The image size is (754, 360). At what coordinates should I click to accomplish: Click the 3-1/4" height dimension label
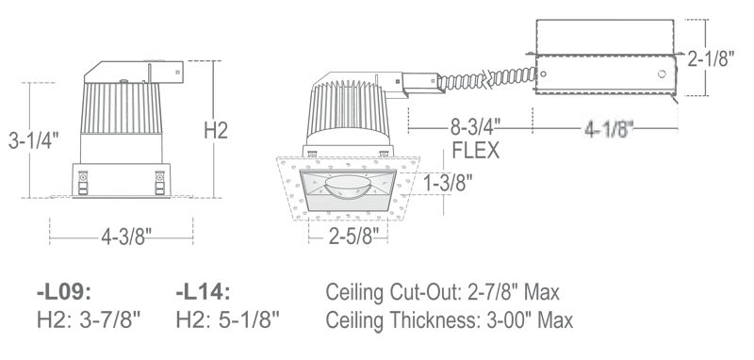coord(33,140)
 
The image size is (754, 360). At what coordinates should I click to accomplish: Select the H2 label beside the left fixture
coord(216,130)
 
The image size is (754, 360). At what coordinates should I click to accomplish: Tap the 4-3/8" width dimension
coord(126,237)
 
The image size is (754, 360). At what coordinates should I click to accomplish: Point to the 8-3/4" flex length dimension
coord(475,128)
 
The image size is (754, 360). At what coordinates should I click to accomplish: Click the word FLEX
coord(476,151)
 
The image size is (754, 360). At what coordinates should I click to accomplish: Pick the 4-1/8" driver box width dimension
coord(609,129)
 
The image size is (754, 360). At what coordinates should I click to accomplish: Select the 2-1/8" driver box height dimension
coord(711,58)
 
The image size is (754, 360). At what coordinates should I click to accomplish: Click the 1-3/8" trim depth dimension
coord(448,183)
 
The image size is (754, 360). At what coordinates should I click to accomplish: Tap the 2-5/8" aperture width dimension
coord(354,236)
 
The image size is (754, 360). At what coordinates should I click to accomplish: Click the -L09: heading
coord(64,292)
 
